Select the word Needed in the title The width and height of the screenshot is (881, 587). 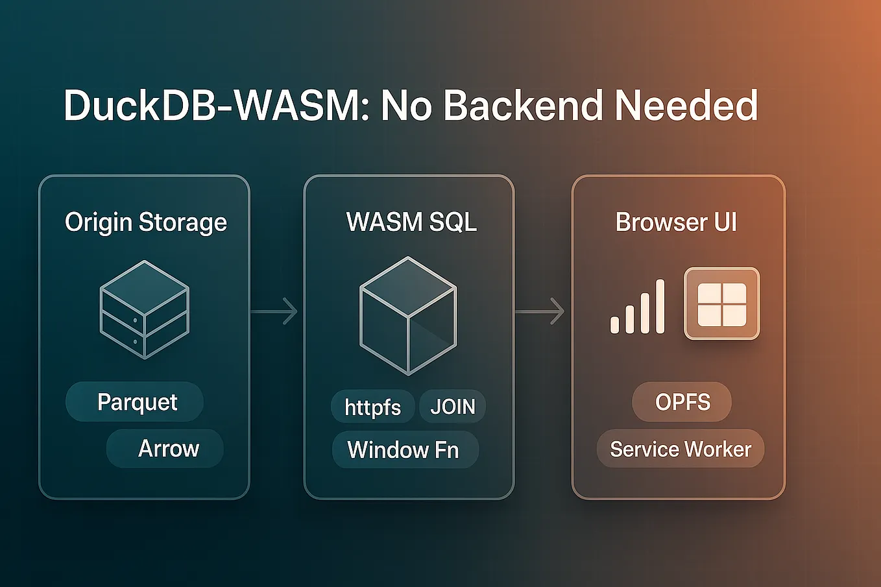point(686,106)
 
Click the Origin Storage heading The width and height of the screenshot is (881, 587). point(146,222)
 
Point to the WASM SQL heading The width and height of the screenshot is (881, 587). point(411,222)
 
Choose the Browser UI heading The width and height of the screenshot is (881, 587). point(676,222)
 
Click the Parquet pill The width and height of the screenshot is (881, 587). point(136,402)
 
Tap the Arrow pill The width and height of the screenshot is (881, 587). point(167,449)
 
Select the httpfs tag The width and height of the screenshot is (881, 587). point(372,407)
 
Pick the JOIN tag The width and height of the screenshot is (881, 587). point(453,407)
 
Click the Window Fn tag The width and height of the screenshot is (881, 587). point(404,450)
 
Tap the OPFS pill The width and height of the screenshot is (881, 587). point(682,402)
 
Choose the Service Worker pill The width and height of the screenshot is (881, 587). point(681,449)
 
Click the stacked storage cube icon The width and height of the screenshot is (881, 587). point(144,309)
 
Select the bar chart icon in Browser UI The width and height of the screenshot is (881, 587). point(638,307)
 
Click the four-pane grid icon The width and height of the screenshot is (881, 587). point(721,304)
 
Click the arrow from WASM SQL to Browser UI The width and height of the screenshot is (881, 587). point(540,311)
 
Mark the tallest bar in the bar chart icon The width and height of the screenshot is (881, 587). point(660,306)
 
